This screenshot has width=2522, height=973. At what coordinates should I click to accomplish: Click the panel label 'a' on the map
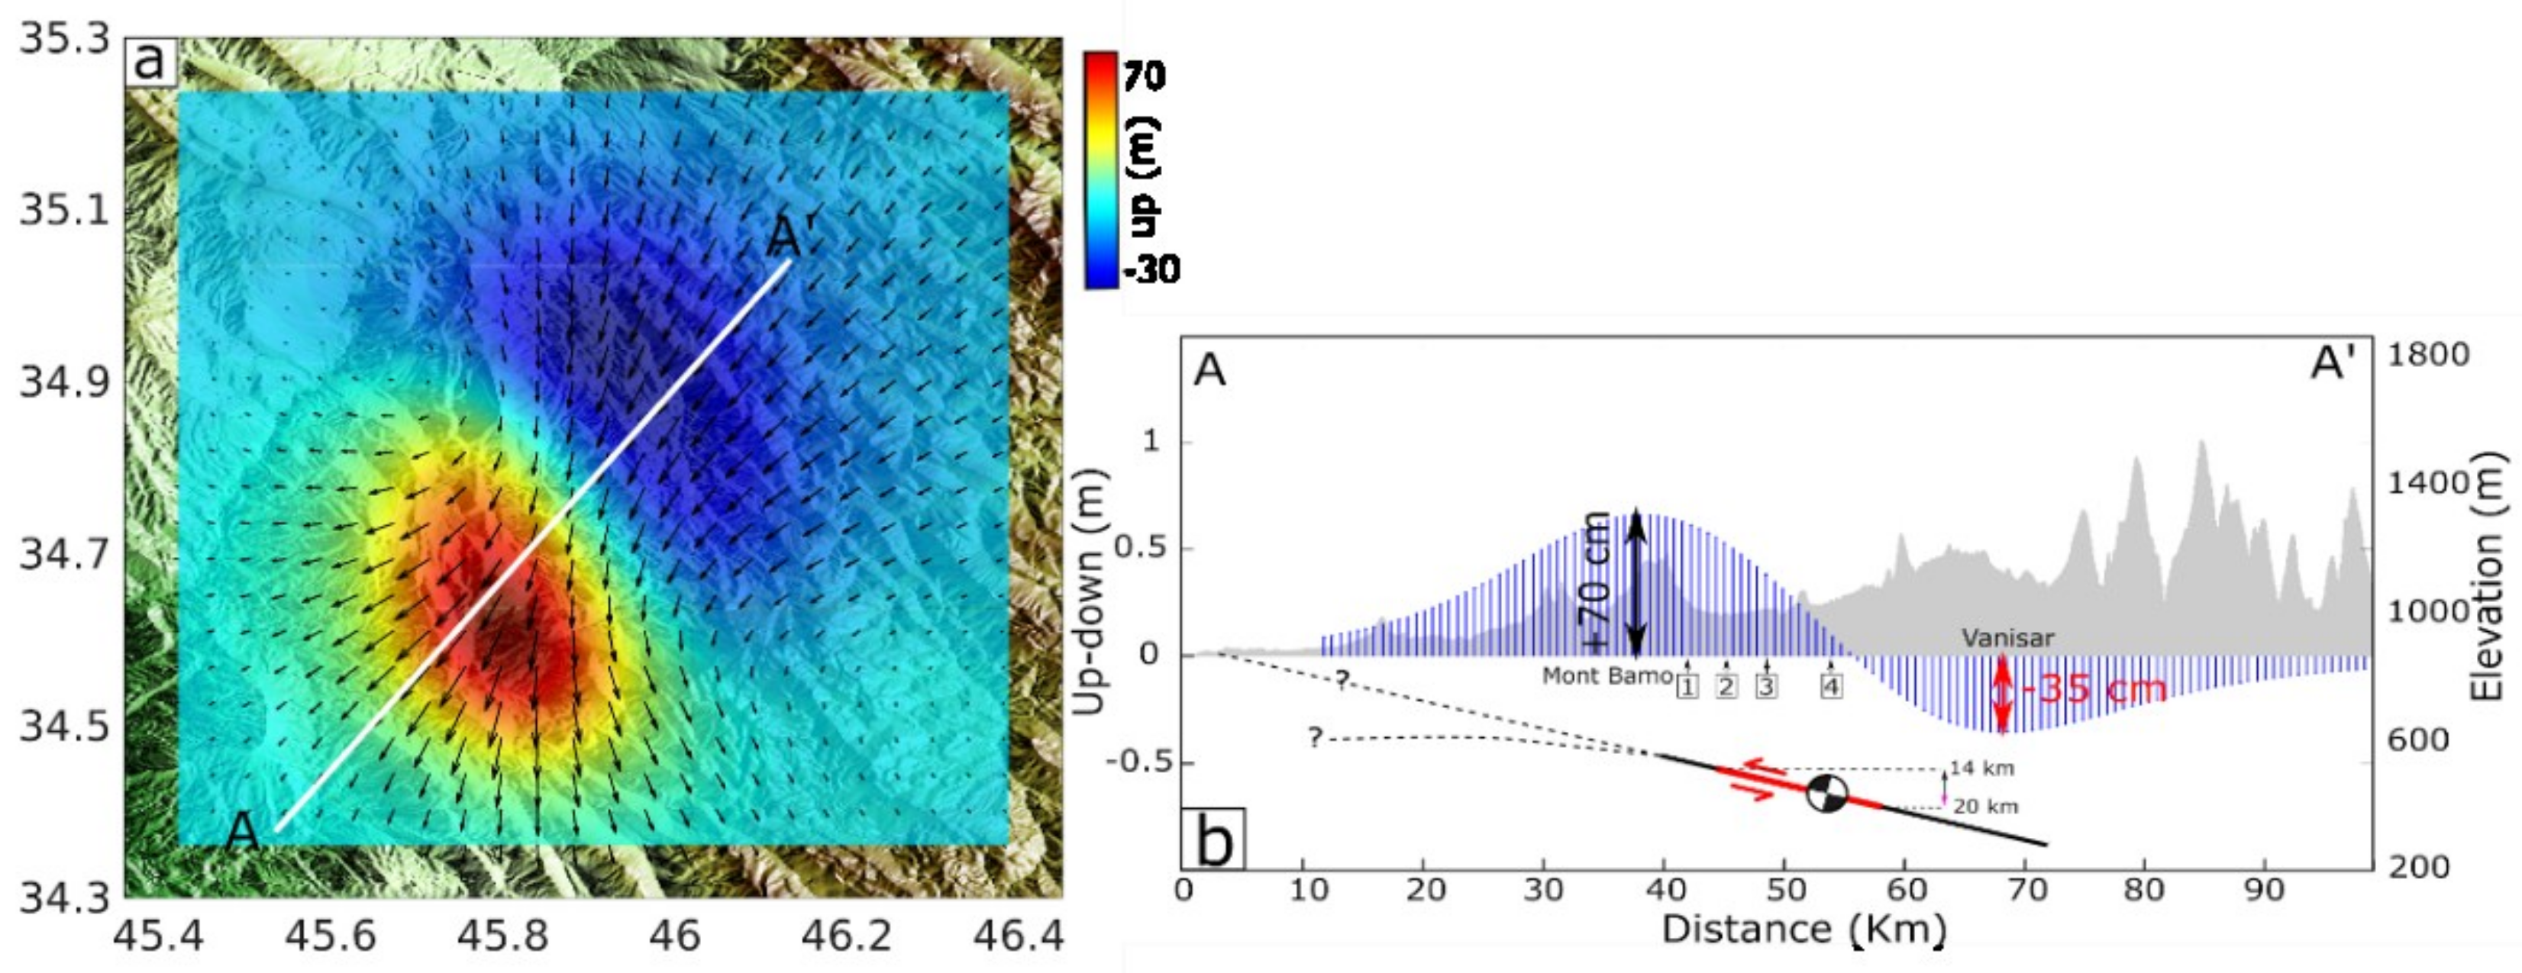point(149,61)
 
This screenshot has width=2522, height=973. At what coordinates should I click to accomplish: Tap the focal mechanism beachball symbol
point(1826,793)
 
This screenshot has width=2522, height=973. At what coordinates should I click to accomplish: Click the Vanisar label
point(2007,638)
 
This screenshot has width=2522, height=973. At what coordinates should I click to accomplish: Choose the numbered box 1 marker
point(1687,686)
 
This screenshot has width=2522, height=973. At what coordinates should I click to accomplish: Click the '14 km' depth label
point(1981,768)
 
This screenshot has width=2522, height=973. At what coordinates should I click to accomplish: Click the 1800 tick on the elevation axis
point(2428,353)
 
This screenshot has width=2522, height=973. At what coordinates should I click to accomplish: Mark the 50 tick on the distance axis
point(1784,891)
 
